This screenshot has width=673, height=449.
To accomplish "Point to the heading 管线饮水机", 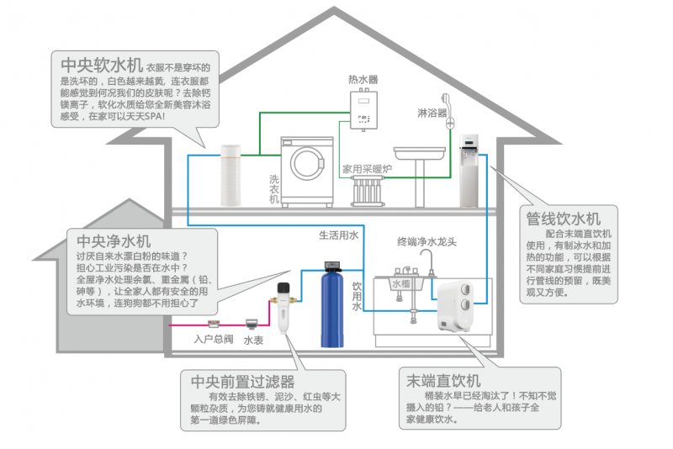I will [x=566, y=218].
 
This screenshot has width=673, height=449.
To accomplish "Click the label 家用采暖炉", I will [x=367, y=169].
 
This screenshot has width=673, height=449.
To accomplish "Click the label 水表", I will [x=253, y=340].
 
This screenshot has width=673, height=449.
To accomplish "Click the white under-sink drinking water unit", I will [x=458, y=304].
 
